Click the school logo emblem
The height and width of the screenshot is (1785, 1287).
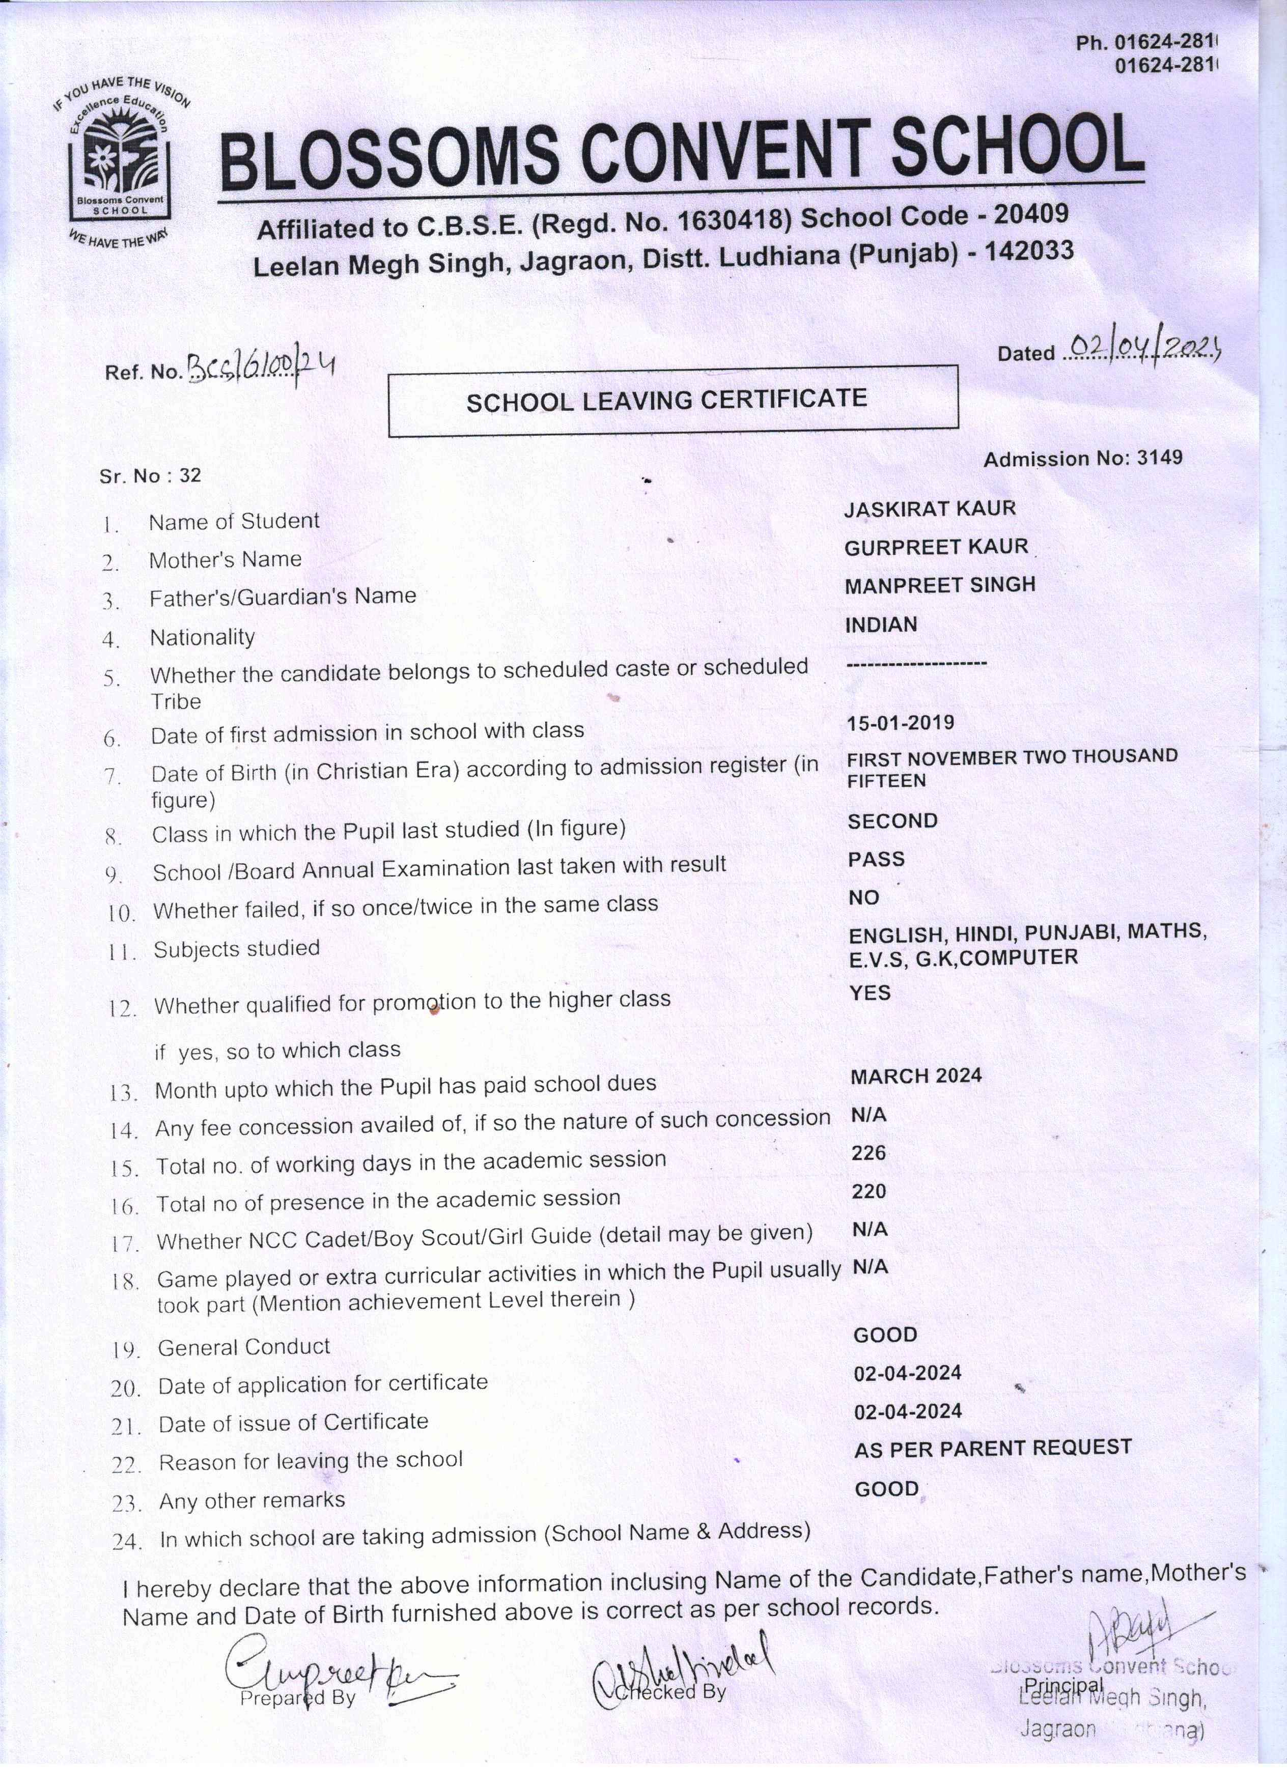pyautogui.click(x=120, y=161)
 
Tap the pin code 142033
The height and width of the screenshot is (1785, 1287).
pyautogui.click(x=1029, y=251)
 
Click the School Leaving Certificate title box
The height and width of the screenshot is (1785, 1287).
pyautogui.click(x=673, y=400)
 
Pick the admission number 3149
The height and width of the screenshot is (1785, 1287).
pyautogui.click(x=1160, y=457)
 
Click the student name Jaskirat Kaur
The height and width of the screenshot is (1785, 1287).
pyautogui.click(x=930, y=509)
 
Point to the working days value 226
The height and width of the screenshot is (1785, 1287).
pyautogui.click(x=868, y=1153)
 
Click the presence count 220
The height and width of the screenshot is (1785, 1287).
pyautogui.click(x=868, y=1192)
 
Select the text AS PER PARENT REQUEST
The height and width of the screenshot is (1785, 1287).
pyautogui.click(x=993, y=1448)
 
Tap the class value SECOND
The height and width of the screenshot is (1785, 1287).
pyautogui.click(x=892, y=821)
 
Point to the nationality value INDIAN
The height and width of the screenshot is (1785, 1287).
pyautogui.click(x=881, y=625)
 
